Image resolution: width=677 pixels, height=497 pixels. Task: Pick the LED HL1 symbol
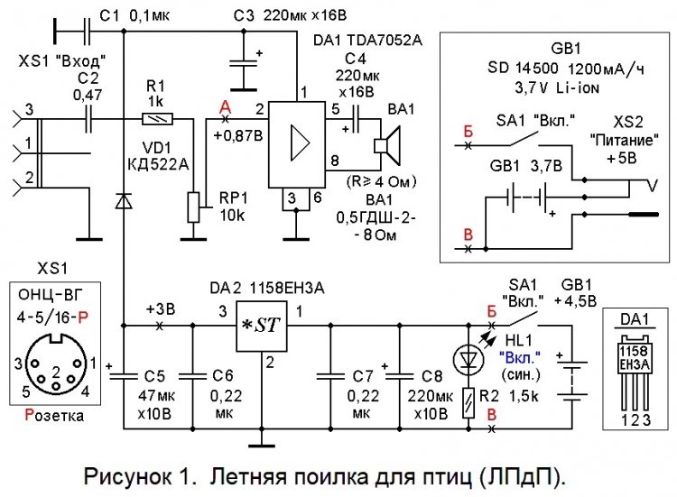pyautogui.click(x=468, y=359)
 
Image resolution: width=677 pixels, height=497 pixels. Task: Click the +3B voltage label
pyautogui.click(x=162, y=308)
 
